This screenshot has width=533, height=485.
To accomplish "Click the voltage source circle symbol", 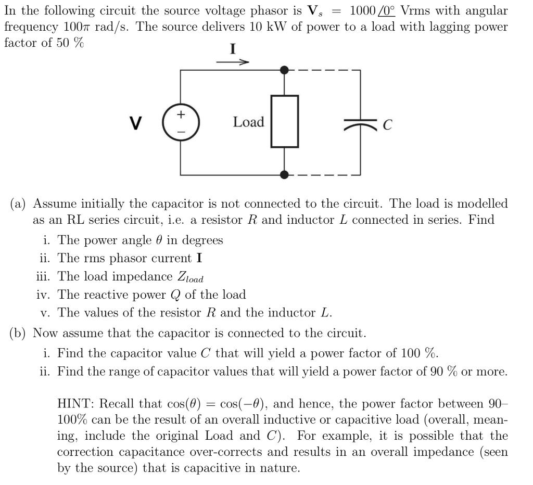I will pos(181,123).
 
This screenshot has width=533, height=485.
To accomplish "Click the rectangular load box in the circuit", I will pos(284,121).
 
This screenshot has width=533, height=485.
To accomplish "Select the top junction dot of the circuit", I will pos(284,70).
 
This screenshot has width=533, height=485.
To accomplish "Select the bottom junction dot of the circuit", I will pos(284,175).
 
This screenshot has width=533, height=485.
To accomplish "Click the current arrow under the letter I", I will pos(233,62).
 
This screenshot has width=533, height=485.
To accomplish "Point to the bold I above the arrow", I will pos(233,49).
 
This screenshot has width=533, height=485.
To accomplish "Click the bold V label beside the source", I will pos(136,123).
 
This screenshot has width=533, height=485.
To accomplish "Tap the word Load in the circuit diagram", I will pos(248,122).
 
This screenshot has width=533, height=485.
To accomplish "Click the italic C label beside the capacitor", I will pos(387,125).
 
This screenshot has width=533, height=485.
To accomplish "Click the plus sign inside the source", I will pos(181,114).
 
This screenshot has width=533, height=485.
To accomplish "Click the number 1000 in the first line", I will pos(363,10).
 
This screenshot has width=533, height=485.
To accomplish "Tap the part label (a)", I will pos(19,203).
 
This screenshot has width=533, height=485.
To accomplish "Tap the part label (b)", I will pos(19,333).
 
